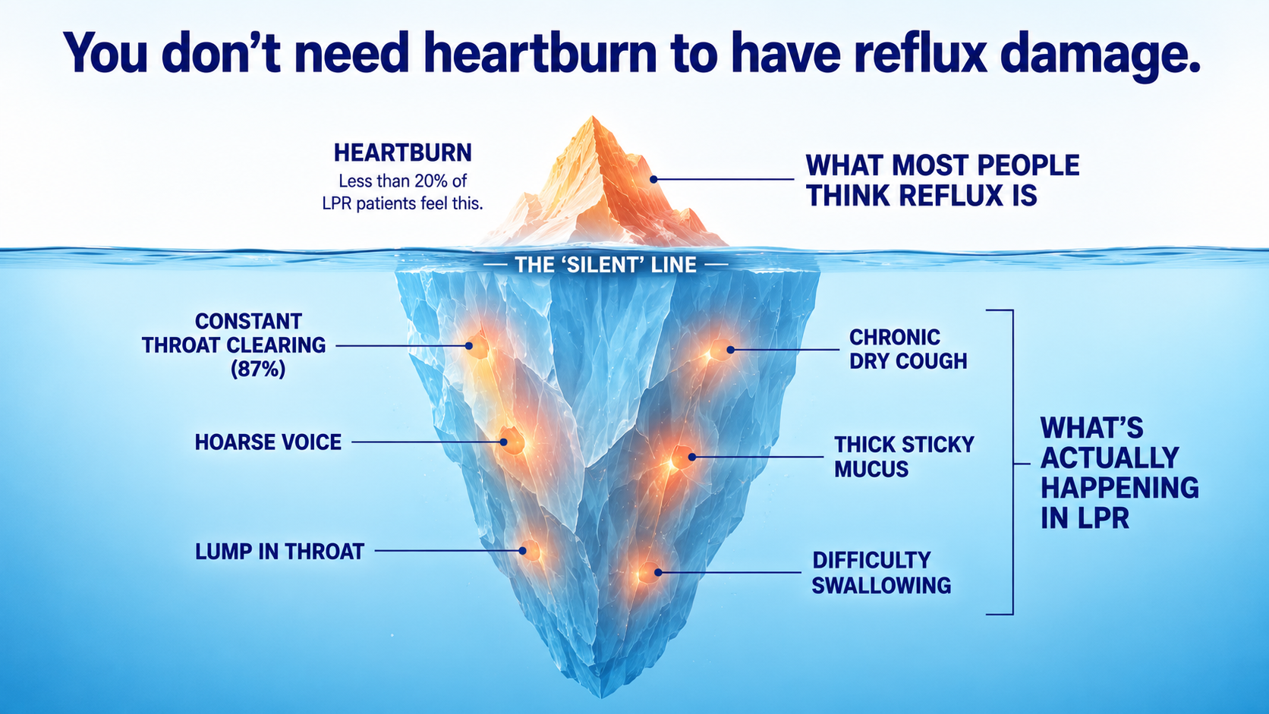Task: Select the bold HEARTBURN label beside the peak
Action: [403, 153]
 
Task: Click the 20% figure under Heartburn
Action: [433, 181]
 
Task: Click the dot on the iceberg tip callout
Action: [653, 179]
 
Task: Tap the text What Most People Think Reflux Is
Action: [943, 181]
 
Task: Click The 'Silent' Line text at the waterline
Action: [606, 265]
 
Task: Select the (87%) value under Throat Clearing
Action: [258, 370]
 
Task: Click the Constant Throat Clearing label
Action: [234, 344]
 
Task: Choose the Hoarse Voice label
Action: [268, 442]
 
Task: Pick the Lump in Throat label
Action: [279, 552]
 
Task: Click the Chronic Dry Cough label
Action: [908, 349]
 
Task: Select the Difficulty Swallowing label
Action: [881, 573]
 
